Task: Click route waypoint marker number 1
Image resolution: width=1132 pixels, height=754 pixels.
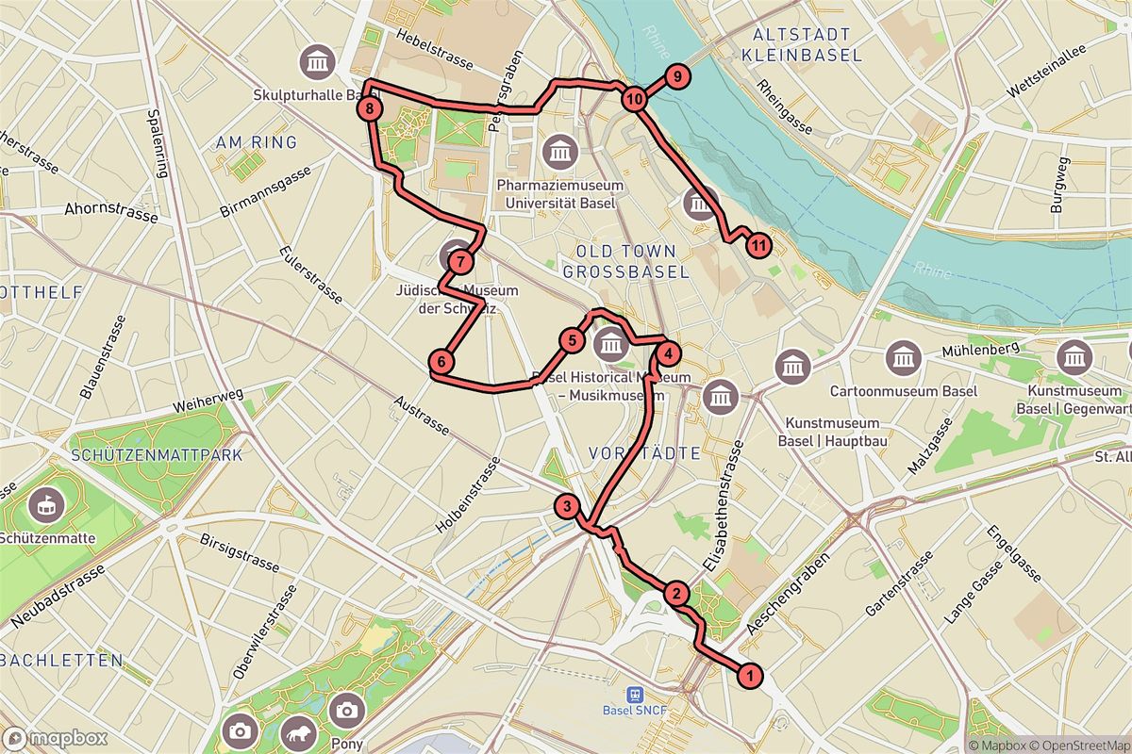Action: (750, 676)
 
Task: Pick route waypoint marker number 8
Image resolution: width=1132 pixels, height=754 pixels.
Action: (371, 110)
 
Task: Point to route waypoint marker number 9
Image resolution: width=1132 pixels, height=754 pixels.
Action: (676, 77)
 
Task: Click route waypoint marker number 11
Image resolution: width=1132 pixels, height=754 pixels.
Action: (758, 247)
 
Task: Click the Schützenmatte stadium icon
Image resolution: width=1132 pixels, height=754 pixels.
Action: (43, 507)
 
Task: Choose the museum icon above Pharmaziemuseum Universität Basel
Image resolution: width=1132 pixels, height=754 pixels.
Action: (561, 150)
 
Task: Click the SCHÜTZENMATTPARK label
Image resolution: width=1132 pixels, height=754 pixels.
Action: (156, 454)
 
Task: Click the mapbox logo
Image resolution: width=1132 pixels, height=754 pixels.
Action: (54, 738)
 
